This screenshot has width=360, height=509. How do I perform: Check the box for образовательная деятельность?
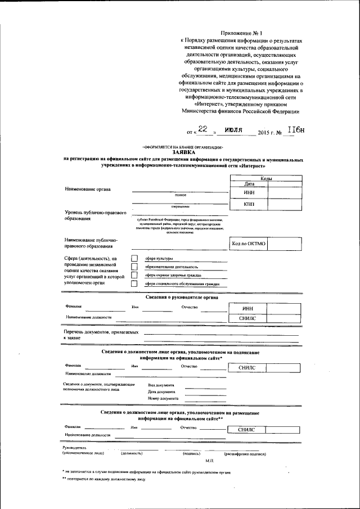pyautogui.click(x=134, y=267)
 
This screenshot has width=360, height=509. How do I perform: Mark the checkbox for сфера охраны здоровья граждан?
pyautogui.click(x=134, y=275)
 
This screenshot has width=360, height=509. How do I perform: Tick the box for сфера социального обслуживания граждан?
pyautogui.click(x=134, y=284)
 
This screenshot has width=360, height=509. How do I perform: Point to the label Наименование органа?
pyautogui.click(x=88, y=189)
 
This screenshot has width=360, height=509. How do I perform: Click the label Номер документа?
pyautogui.click(x=163, y=398)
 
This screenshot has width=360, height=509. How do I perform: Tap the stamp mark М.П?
pyautogui.click(x=202, y=460)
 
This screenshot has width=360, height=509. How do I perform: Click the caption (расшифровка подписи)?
pyautogui.click(x=245, y=453)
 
